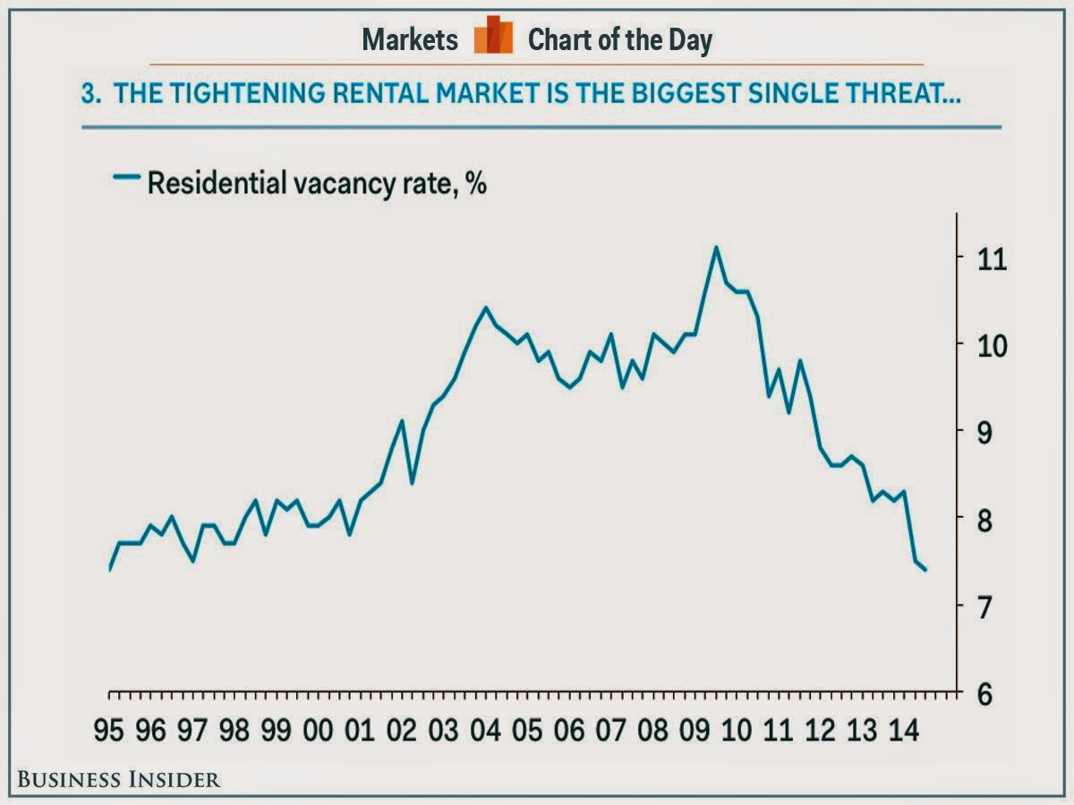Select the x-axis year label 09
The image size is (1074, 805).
[x=694, y=732]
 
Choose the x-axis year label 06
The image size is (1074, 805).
[x=568, y=732]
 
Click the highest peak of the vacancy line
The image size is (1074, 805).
[x=715, y=247]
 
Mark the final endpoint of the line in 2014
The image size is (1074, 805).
[x=925, y=570]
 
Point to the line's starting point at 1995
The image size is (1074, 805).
[x=109, y=569]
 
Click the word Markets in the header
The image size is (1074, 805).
[x=410, y=39]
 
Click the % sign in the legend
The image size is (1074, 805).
[x=475, y=184]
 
